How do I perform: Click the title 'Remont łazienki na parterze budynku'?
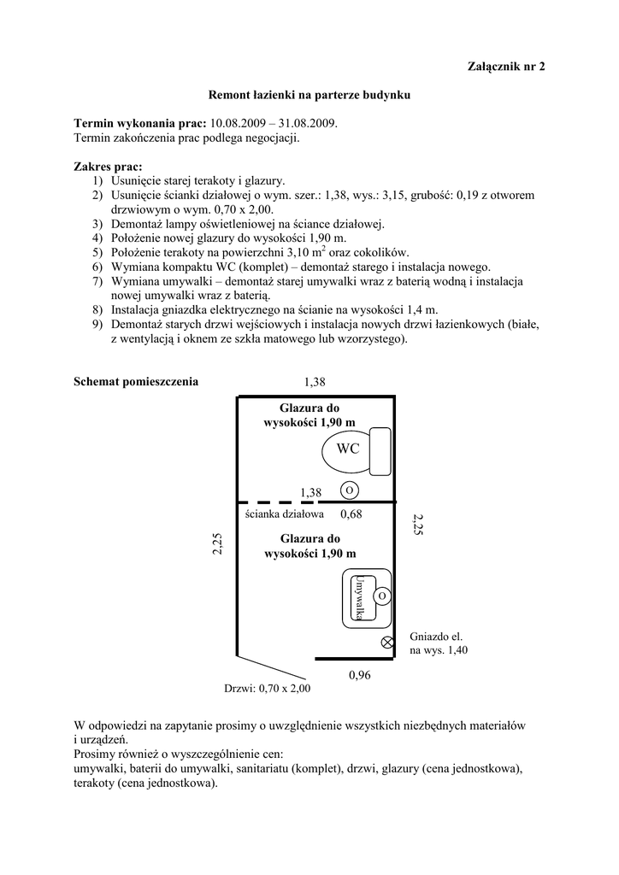(310, 97)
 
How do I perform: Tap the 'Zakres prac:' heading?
(109, 167)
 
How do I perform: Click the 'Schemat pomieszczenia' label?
(136, 381)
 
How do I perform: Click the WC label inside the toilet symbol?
(347, 449)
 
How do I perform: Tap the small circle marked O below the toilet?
(350, 490)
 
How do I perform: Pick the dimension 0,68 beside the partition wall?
(351, 514)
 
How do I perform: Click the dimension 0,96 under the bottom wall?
(360, 675)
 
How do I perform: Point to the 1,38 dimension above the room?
(315, 381)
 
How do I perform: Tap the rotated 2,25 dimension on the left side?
(217, 543)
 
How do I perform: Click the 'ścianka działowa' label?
(284, 514)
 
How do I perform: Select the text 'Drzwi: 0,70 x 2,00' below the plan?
(268, 688)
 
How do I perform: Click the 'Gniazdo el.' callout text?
(436, 637)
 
